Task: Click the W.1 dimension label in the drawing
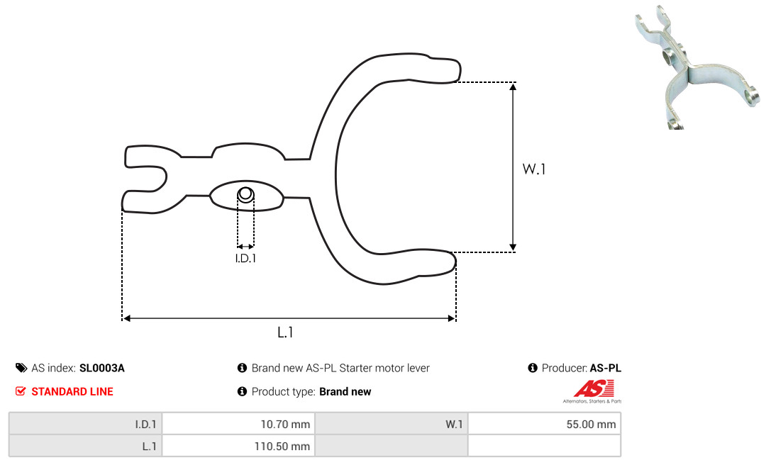535,169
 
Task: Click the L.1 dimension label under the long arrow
285,332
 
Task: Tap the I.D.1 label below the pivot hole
245,259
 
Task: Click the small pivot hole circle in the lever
245,194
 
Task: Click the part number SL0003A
101,368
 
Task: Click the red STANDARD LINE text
72,391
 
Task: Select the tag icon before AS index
21,368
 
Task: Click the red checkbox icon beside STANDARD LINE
21,391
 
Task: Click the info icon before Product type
242,391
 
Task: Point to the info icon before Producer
533,368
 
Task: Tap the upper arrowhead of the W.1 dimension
514,86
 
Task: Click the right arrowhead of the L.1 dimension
451,318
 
